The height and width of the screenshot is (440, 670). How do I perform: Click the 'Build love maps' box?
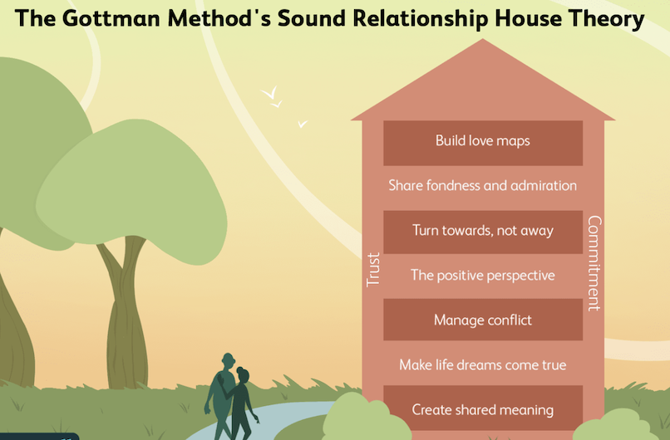[482, 141]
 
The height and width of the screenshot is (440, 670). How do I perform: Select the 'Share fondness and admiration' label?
[482, 186]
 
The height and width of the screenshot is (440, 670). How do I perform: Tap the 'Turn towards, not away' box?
[482, 231]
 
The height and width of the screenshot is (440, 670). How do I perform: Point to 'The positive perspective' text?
[482, 276]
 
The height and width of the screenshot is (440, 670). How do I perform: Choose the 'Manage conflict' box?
[482, 320]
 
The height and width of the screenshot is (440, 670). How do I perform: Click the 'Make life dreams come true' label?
[482, 364]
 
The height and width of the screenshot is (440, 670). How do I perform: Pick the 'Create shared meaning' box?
[482, 409]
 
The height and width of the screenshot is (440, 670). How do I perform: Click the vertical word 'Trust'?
[373, 270]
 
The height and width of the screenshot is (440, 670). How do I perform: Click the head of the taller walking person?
[228, 362]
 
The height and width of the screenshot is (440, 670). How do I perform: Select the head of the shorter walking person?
[241, 374]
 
